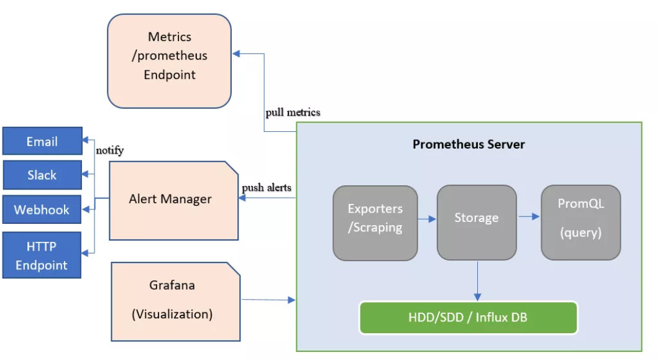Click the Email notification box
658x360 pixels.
tap(42, 141)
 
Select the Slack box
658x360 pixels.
tap(42, 175)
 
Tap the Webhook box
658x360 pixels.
tap(42, 210)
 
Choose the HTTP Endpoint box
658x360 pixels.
tap(42, 255)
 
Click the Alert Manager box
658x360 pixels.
tap(171, 200)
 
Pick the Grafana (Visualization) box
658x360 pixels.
tap(173, 300)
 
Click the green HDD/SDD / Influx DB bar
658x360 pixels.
tap(468, 318)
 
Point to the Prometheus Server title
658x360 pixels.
tap(468, 144)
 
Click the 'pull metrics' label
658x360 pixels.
tap(293, 113)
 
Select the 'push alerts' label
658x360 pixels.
tap(266, 187)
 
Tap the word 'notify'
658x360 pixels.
tap(109, 150)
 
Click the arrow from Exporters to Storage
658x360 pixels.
tap(427, 219)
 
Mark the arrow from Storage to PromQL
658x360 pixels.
tap(529, 216)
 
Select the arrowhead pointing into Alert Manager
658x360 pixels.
tap(242, 198)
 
